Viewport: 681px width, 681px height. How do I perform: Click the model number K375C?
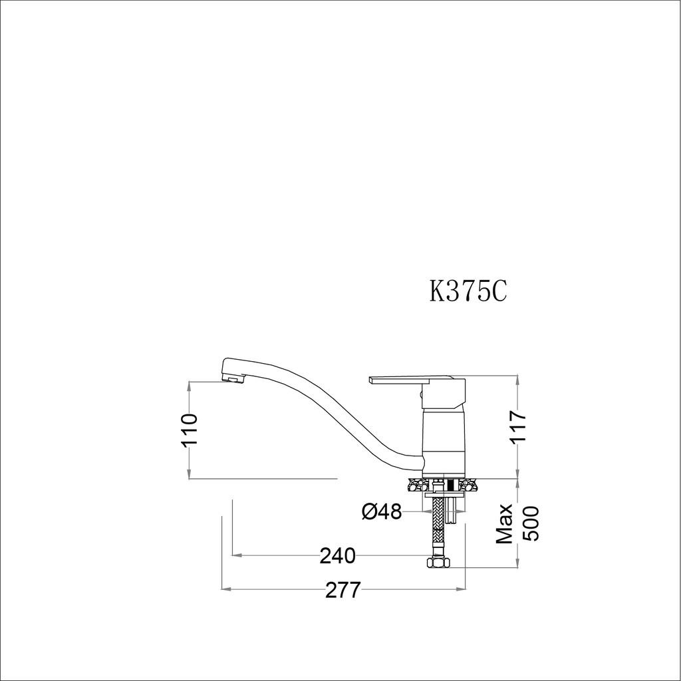pos(468,291)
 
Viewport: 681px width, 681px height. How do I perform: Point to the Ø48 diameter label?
pos(381,511)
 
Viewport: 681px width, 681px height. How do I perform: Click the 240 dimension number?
pos(337,555)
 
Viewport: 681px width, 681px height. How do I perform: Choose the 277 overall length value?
pos(342,589)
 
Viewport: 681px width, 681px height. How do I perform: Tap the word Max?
pos(505,524)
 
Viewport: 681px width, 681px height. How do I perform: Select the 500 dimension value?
pos(531,524)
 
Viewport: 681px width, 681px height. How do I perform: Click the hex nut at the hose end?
pos(437,563)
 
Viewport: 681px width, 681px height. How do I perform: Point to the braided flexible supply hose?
pos(438,529)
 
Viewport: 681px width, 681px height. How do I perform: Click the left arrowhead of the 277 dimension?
pos(224,589)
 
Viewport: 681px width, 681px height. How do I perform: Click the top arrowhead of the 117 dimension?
pos(518,379)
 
